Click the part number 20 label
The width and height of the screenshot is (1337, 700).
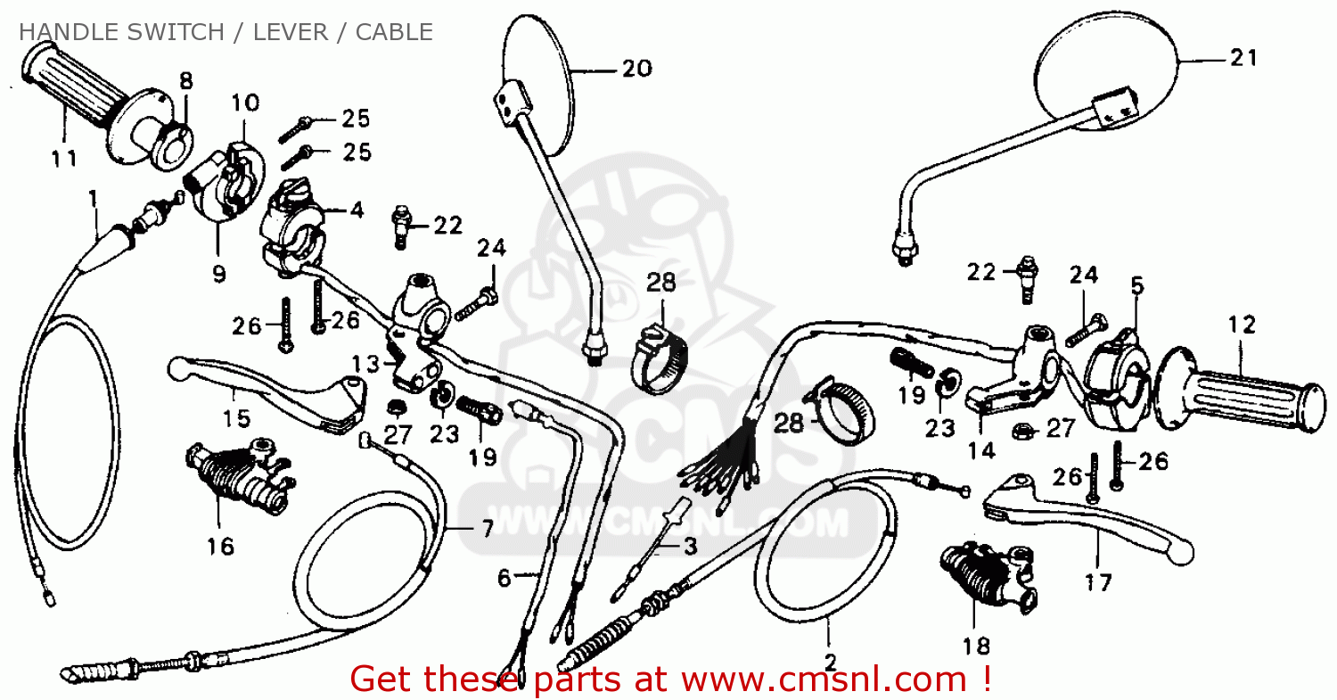coord(636,69)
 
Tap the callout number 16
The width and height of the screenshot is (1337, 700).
coord(220,545)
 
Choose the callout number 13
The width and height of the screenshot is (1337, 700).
coord(365,363)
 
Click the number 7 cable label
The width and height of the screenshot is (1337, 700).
coord(487,529)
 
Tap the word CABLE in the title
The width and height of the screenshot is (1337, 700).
coord(394,32)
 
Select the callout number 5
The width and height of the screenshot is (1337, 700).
coord(1136,286)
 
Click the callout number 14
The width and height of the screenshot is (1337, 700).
coord(981,450)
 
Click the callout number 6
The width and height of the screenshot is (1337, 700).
coord(504,579)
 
